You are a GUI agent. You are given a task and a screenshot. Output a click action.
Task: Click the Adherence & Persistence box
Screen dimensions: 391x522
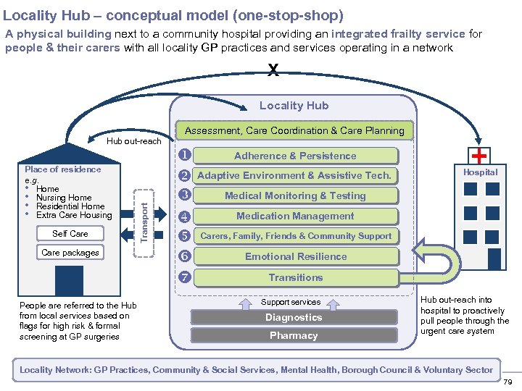coord(295,156)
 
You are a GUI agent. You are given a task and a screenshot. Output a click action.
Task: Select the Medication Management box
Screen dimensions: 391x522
coord(295,216)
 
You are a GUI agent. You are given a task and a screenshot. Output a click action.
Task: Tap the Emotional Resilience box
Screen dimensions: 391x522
coord(295,256)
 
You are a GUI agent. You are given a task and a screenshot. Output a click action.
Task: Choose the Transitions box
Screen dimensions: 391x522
coord(295,277)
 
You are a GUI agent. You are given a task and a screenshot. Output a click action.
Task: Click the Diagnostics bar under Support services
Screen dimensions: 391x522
coord(294,317)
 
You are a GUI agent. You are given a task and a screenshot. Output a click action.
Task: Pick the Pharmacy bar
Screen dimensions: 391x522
coord(294,335)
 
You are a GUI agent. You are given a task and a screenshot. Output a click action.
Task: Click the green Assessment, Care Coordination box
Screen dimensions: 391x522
coord(294,130)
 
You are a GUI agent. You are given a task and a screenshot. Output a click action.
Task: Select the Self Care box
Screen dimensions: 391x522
coord(70,234)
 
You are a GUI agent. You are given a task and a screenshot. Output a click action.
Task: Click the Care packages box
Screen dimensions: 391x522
coord(70,253)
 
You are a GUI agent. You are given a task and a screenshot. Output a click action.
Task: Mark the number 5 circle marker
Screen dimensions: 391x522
coord(184,235)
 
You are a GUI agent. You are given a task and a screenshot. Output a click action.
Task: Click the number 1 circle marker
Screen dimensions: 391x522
coord(184,154)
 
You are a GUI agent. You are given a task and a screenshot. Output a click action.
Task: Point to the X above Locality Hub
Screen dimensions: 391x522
coord(273,70)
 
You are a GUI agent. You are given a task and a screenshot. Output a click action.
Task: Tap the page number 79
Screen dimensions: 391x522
coord(507,382)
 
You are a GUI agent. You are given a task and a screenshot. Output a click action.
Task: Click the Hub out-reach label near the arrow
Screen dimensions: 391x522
coord(133,141)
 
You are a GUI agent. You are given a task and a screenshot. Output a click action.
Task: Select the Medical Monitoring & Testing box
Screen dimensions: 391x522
coord(295,195)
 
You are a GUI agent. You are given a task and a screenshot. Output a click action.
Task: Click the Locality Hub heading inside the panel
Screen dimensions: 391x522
coord(294,106)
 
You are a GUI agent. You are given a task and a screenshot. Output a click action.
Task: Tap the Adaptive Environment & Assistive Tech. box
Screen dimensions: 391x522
coord(294,175)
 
